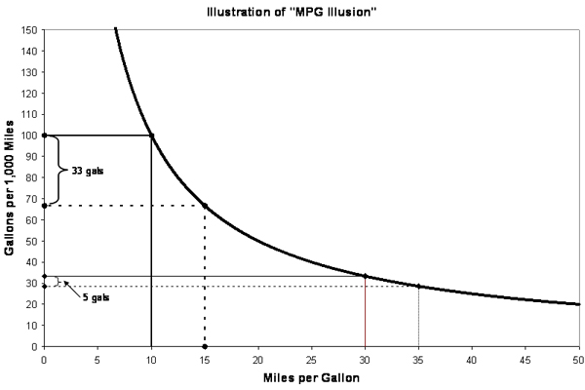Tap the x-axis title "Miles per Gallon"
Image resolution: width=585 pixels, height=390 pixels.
[311, 377]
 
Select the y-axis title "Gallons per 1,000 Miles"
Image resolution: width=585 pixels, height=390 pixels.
[11, 187]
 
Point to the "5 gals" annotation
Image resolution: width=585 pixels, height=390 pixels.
[95, 296]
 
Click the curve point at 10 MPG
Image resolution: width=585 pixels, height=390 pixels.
[151, 135]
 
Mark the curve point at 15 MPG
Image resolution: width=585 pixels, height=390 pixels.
[205, 205]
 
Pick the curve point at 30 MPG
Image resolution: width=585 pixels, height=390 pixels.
[365, 276]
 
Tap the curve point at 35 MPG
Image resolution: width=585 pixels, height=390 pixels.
[418, 286]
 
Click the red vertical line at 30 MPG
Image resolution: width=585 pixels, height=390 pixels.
[365, 312]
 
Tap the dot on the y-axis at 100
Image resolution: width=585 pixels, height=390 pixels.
[44, 135]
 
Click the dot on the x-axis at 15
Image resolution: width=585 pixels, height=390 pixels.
[205, 346]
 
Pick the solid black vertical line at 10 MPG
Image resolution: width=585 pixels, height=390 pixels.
[151, 244]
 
